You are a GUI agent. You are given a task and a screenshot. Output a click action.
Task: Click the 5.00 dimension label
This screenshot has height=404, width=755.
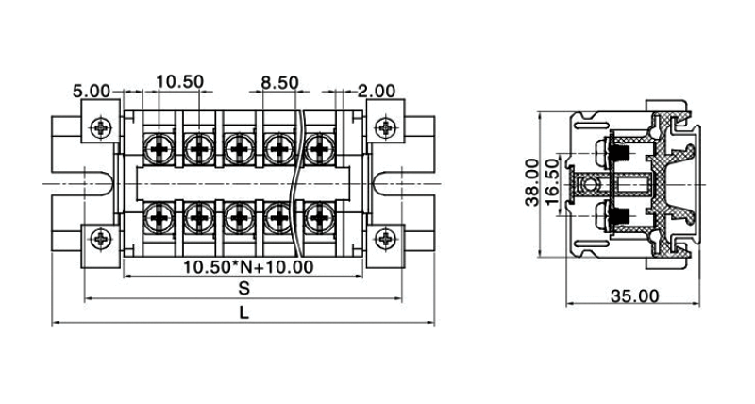pos(92,92)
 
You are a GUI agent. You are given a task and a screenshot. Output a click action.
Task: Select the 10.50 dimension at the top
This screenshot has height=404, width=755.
pos(179,82)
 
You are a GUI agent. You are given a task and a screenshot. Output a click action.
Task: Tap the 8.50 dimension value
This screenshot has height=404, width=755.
pos(280,82)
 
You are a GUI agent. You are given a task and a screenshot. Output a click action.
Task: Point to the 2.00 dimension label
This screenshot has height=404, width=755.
pos(377,92)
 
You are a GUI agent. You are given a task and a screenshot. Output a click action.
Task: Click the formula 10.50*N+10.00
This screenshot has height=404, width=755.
pos(247,267)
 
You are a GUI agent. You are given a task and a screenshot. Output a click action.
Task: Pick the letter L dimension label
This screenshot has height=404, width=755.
pos(243,313)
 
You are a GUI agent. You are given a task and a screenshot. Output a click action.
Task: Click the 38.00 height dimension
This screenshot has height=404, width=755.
pos(532,182)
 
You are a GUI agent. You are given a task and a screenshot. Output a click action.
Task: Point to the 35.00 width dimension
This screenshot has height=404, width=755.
pos(634,296)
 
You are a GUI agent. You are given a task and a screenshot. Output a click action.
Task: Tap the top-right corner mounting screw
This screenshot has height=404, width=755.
pos(385,127)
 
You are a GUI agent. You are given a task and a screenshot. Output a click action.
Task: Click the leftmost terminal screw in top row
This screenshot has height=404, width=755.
pos(159,146)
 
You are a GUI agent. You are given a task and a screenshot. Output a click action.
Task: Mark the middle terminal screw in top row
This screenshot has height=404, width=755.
pos(239,146)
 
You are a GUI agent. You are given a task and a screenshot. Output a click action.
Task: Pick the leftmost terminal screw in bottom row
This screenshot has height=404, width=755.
pos(159,220)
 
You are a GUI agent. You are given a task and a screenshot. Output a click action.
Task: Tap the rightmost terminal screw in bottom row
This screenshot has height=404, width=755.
pos(319,220)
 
